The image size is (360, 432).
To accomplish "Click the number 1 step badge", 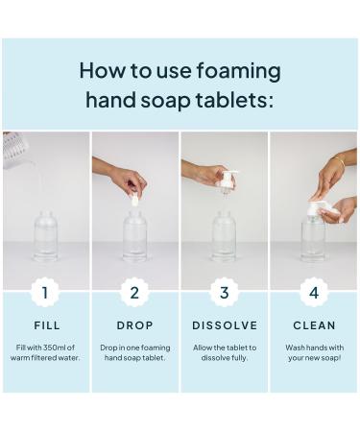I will (x=46, y=292).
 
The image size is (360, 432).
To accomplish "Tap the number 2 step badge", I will (x=135, y=292).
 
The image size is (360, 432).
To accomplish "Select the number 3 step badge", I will (x=225, y=292).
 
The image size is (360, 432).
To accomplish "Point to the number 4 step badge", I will (x=314, y=292).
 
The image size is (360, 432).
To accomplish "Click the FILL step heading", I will (x=46, y=325).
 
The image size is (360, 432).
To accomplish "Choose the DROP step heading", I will (x=135, y=325).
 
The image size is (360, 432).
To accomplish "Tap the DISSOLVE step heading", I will (x=225, y=325).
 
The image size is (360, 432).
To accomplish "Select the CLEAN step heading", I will (x=314, y=325).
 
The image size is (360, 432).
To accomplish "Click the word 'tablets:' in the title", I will (x=235, y=100).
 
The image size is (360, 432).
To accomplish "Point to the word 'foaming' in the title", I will (x=237, y=70).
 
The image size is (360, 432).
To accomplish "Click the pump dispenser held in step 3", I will (x=227, y=182).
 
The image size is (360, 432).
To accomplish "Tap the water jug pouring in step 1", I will (x=16, y=150).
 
